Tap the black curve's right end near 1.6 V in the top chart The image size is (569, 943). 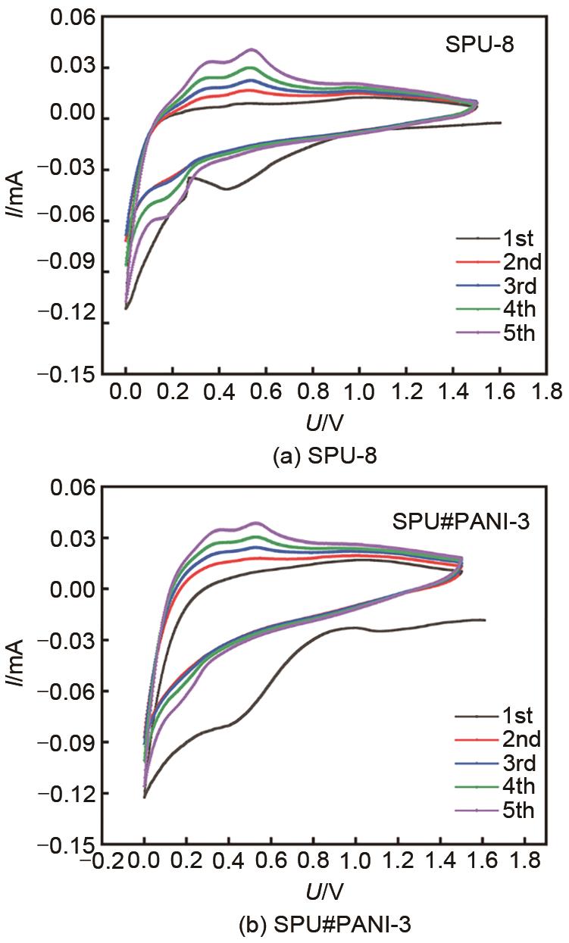tap(500, 123)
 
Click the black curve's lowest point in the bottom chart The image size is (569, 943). tap(144, 796)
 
